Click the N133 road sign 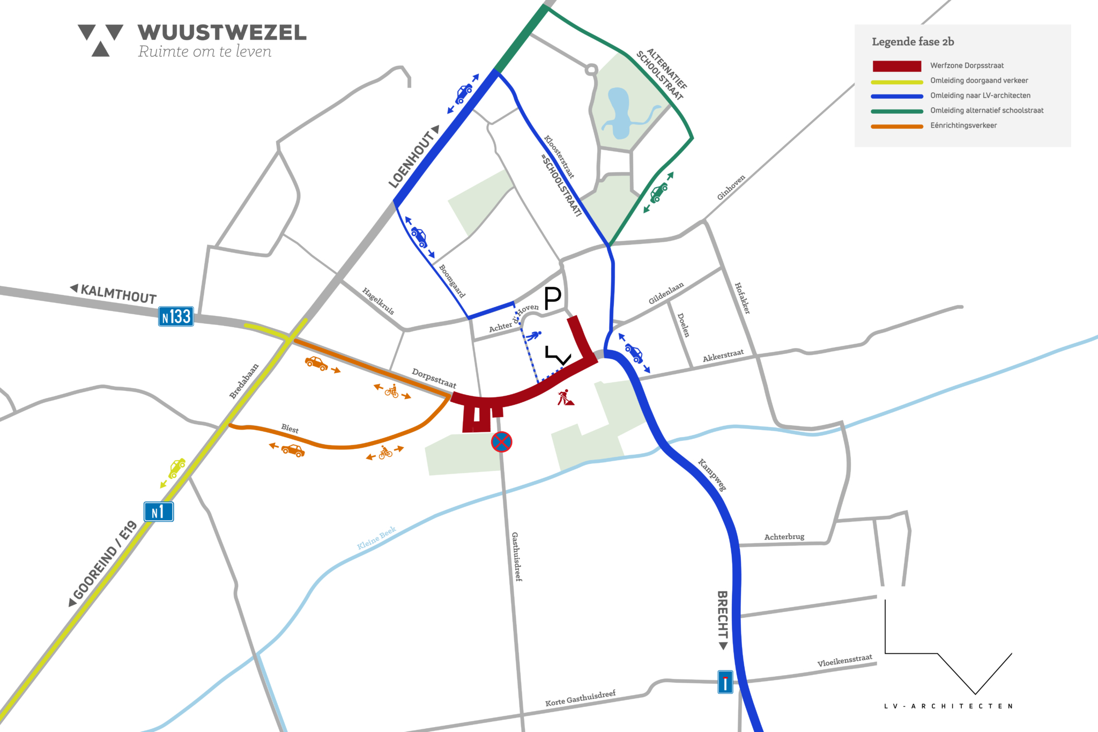(x=176, y=316)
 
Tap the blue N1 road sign (x=159, y=512)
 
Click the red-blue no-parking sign (x=501, y=442)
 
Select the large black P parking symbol (x=553, y=298)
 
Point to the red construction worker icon (x=565, y=398)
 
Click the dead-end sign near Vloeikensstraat (x=725, y=682)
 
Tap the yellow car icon (x=176, y=468)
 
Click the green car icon (x=659, y=192)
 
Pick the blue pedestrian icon (x=533, y=336)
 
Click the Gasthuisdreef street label (x=516, y=557)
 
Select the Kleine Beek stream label (x=376, y=537)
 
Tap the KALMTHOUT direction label (x=118, y=294)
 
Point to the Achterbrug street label (x=784, y=537)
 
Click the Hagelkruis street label (x=378, y=301)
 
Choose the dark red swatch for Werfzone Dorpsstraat (x=896, y=66)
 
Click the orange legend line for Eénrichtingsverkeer (x=896, y=127)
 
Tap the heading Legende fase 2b (x=912, y=42)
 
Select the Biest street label (x=290, y=428)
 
